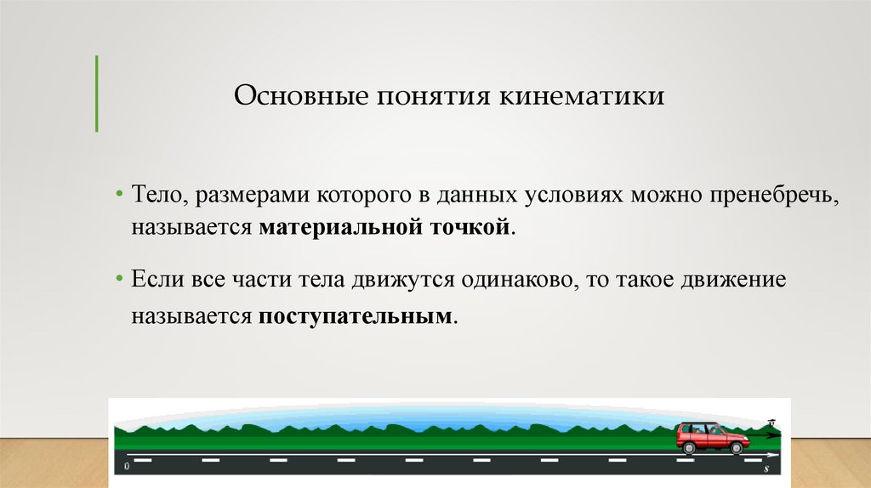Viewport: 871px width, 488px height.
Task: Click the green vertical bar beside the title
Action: (x=95, y=94)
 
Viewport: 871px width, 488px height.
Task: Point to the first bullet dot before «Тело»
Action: (x=121, y=197)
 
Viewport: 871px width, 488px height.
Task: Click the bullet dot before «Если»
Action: (x=121, y=280)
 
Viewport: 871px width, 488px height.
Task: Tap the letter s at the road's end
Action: (x=767, y=468)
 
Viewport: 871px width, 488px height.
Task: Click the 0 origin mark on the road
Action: (x=127, y=468)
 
